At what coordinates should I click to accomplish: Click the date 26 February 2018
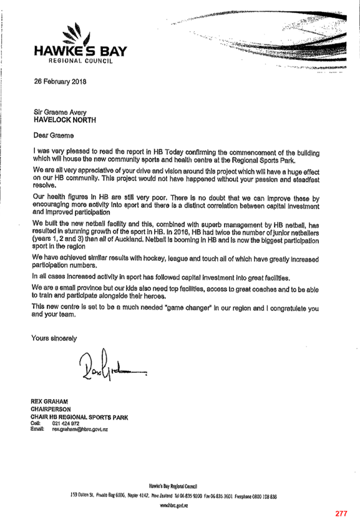click(60, 82)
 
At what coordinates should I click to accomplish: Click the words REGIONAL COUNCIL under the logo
click(81, 61)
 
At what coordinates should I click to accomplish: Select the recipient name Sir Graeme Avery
click(60, 112)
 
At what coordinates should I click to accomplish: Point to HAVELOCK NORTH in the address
click(65, 120)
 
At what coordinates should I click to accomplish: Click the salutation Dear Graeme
click(54, 135)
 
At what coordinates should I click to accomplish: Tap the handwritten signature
click(112, 365)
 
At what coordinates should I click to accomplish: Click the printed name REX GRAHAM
click(49, 401)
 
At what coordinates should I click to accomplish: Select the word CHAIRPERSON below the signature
click(51, 409)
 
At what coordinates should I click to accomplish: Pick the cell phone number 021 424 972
click(66, 423)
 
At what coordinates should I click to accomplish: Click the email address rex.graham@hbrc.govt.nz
click(80, 429)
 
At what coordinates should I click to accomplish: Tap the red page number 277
click(341, 513)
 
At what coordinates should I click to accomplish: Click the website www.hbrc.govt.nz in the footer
click(173, 505)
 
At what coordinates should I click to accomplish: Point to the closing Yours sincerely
click(54, 338)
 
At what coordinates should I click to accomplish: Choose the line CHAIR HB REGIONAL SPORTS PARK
click(79, 417)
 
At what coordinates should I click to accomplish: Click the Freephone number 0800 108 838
click(263, 496)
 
